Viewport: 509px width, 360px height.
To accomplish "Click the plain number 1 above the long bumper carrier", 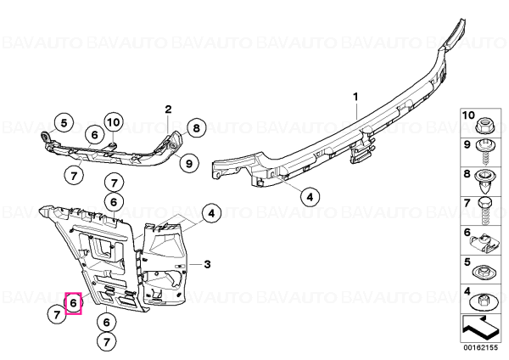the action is coord(355,97).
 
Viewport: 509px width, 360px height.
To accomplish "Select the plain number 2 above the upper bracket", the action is coord(168,110).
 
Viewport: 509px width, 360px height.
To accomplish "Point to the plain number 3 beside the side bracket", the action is coord(208,264).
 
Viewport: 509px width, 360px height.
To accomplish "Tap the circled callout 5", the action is coord(64,123).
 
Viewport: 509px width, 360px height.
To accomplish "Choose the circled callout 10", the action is coord(114,122).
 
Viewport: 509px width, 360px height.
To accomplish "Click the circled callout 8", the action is coord(197,128).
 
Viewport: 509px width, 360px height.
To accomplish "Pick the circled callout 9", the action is coord(189,163).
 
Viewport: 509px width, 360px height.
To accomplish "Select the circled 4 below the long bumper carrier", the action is coord(310,197).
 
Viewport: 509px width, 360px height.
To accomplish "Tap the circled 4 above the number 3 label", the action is coord(211,213).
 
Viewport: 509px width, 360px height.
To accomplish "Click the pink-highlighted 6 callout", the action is coord(73,303).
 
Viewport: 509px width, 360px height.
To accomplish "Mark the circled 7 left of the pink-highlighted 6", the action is coord(57,315).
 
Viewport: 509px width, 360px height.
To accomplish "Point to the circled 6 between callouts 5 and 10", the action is coord(94,134).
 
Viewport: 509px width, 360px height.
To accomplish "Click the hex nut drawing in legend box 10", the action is coord(484,126).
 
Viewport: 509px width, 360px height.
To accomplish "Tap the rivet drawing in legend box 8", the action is coord(484,182).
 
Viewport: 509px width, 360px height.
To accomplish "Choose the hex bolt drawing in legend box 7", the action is coord(484,211).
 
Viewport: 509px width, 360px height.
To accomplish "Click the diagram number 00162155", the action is coord(480,348).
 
